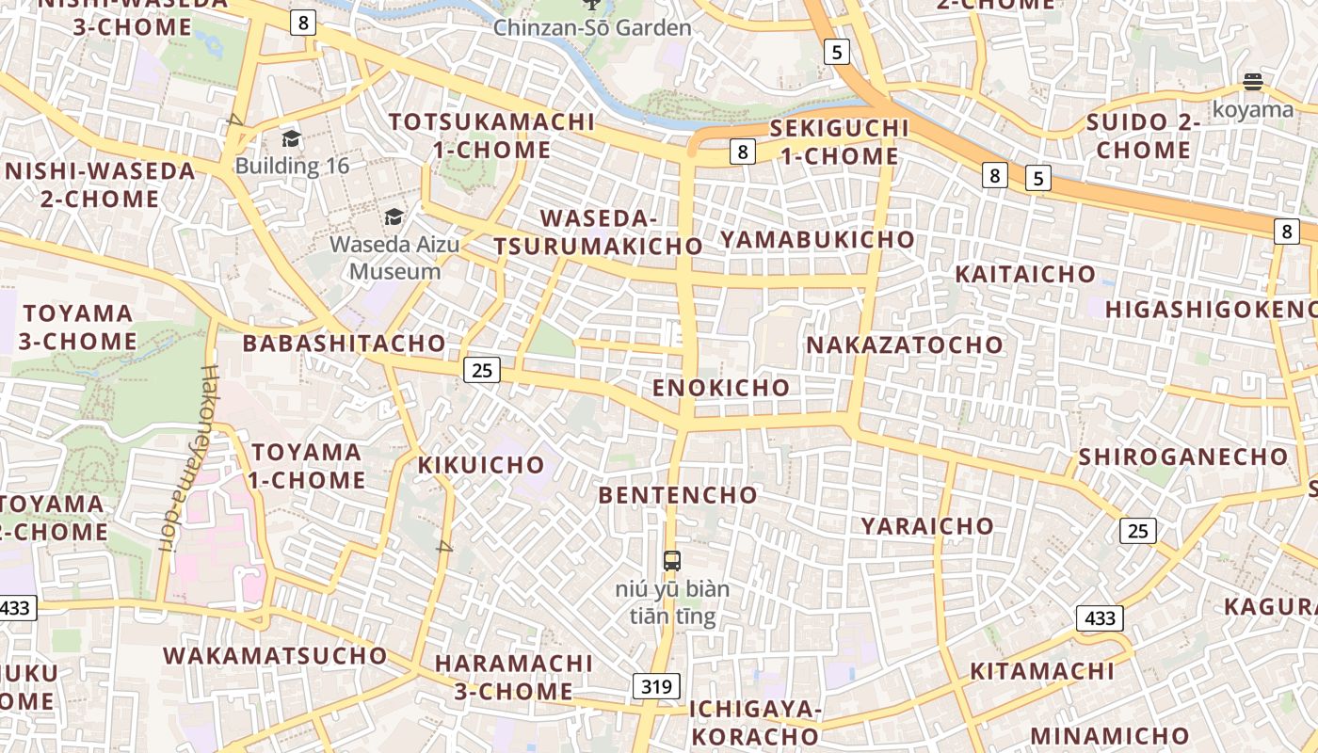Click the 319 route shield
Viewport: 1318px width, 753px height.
656,686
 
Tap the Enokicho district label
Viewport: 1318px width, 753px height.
721,387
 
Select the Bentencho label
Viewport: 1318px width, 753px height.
678,494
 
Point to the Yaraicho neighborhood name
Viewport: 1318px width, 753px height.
927,525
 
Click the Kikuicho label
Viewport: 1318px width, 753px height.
481,464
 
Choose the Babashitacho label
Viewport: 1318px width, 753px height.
344,343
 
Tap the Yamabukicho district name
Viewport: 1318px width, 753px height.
817,239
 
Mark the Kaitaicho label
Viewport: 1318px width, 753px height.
1025,274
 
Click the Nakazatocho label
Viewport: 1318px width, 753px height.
905,344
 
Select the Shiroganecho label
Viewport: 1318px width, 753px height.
1183,457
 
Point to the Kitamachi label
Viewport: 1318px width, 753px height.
1042,671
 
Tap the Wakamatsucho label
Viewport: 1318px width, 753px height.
275,655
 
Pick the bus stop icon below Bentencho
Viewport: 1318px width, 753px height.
672,561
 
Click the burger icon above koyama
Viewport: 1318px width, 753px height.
1252,82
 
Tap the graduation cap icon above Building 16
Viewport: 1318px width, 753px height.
291,139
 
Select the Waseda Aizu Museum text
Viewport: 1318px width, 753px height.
394,258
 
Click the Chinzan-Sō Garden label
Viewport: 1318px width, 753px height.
592,27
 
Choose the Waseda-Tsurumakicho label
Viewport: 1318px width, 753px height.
599,232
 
